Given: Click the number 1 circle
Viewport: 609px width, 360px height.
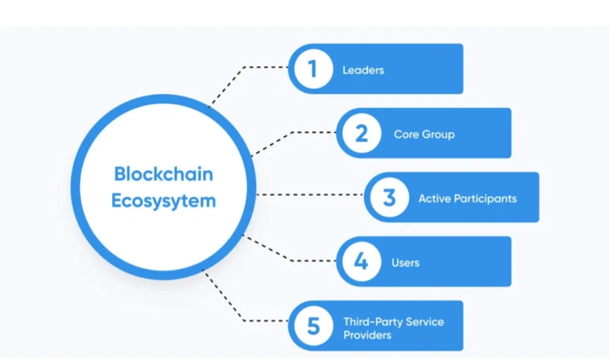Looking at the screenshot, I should pyautogui.click(x=313, y=69).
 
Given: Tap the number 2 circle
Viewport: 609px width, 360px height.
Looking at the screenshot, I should pyautogui.click(x=361, y=133).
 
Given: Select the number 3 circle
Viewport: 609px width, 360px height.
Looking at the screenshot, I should pyautogui.click(x=389, y=197).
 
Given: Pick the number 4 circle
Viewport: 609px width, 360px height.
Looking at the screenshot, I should pyautogui.click(x=361, y=261).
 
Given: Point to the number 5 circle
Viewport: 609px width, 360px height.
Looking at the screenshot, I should pyautogui.click(x=313, y=325).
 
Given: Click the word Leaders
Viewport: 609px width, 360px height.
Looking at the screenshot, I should pyautogui.click(x=363, y=70).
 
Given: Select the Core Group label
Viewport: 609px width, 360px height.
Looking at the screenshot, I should pyautogui.click(x=424, y=134).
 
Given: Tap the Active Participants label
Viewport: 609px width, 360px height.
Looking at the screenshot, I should pyautogui.click(x=467, y=198).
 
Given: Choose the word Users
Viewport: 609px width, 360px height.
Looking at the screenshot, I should pyautogui.click(x=405, y=262).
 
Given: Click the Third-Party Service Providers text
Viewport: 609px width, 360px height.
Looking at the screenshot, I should pyautogui.click(x=393, y=328).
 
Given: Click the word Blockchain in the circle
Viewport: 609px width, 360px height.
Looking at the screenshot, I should pyautogui.click(x=164, y=174).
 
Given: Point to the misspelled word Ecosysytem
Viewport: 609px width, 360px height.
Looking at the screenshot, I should pyautogui.click(x=164, y=200).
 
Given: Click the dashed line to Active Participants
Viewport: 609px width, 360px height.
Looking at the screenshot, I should pyautogui.click(x=308, y=195).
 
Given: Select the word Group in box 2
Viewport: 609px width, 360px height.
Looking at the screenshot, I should pyautogui.click(x=438, y=134).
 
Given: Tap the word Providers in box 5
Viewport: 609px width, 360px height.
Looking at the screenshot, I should pyautogui.click(x=367, y=335).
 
